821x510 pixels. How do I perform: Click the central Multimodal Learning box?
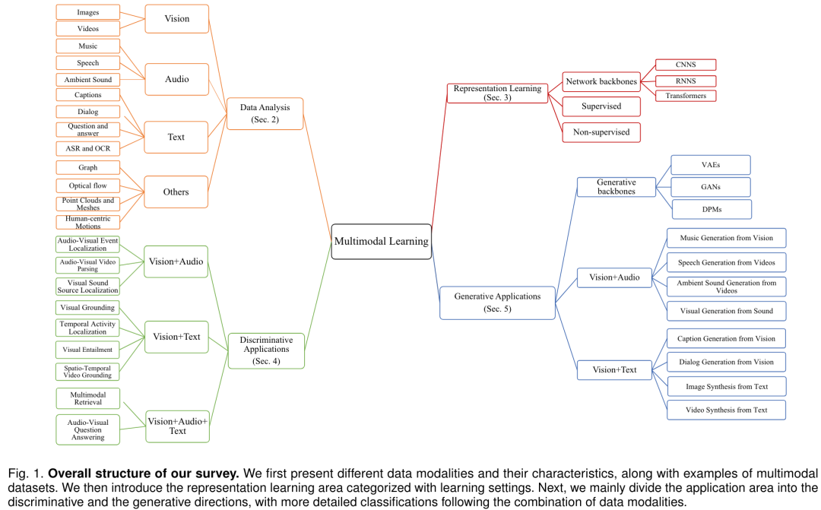click(x=381, y=242)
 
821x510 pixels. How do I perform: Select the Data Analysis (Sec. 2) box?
click(x=265, y=113)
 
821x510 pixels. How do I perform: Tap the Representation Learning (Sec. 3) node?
click(x=497, y=93)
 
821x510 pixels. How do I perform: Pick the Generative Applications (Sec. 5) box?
click(x=499, y=302)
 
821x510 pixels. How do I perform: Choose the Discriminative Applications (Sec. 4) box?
click(x=266, y=350)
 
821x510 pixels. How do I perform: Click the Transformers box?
click(x=685, y=96)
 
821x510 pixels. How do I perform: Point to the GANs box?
click(x=712, y=187)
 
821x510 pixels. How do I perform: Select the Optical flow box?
click(x=88, y=185)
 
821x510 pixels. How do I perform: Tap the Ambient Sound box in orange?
click(x=88, y=80)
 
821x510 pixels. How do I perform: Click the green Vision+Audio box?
click(x=176, y=261)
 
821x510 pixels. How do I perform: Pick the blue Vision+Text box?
click(x=615, y=370)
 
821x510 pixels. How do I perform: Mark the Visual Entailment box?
click(x=88, y=350)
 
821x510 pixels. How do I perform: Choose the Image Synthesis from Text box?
click(x=726, y=387)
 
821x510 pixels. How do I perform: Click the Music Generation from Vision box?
click(x=726, y=238)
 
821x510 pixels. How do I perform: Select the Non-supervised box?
click(x=601, y=132)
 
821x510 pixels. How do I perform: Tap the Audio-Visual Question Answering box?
click(x=88, y=430)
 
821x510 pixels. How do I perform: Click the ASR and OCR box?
click(x=88, y=148)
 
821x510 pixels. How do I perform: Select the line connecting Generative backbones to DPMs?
click(x=664, y=198)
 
